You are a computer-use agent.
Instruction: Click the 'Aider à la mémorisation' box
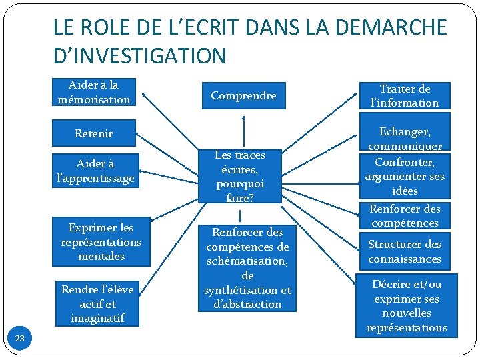tap(94, 93)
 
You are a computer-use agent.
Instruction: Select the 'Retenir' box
tap(94, 133)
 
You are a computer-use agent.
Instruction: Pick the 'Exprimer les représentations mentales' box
tap(101, 241)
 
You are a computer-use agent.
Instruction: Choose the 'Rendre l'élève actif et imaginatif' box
tap(97, 303)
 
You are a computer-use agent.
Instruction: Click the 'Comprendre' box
tap(243, 95)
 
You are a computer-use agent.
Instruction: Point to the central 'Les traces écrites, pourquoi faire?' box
tap(240, 176)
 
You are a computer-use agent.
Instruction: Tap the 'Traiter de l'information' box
tap(405, 96)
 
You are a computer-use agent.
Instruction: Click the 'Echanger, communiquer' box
tap(405, 138)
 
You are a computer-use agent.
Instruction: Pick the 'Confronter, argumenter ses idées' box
tap(405, 176)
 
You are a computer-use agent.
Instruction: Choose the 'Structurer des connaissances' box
tap(405, 251)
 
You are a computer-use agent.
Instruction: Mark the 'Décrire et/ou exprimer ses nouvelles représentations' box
tap(406, 305)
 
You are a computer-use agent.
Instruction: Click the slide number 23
tap(19, 339)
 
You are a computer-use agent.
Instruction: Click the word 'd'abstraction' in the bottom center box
tap(247, 305)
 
